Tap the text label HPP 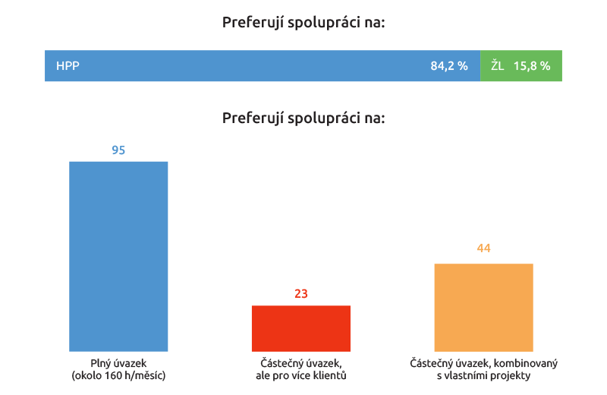pos(68,66)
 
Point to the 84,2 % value pos(449,66)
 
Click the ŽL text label pos(498,66)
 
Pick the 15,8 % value pos(532,66)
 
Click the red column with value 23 pos(301,328)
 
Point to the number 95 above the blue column pos(118,150)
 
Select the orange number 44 pos(483,248)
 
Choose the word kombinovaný pos(528,363)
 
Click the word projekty pos(512,375)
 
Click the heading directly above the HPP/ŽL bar pos(303,22)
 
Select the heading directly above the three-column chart pos(303,118)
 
